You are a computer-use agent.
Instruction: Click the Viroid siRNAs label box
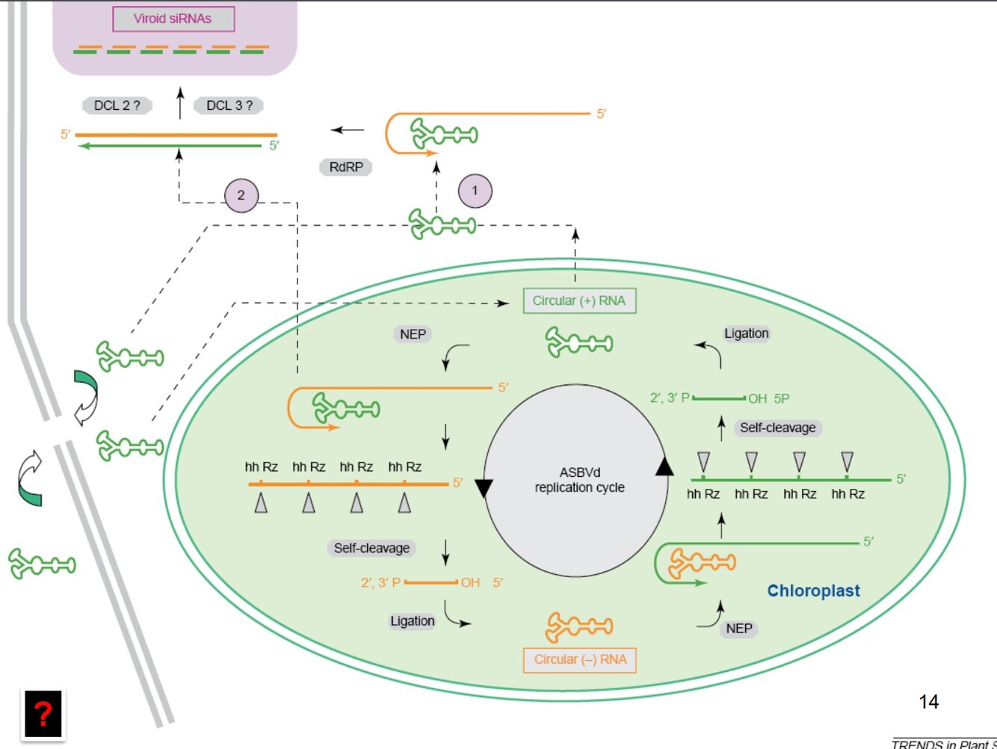coord(173,19)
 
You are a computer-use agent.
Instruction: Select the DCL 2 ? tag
coord(117,105)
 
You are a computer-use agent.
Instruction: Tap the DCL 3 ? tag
coord(229,105)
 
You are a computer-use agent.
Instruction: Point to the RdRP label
coord(345,167)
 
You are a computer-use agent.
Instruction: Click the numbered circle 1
coord(475,191)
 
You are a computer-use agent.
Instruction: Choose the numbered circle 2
coord(241,195)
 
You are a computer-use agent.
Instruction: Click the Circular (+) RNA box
coord(579,300)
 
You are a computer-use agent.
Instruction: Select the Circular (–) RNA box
coord(580,659)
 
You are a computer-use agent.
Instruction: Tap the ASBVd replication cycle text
coord(579,480)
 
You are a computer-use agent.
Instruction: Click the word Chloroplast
coord(813,591)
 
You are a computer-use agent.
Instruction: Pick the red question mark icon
coord(43,715)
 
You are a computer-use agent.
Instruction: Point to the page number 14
coord(928,701)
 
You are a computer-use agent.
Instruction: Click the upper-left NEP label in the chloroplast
coord(413,334)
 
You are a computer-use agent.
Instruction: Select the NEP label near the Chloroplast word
coord(738,629)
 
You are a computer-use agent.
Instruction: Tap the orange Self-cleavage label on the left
coord(371,548)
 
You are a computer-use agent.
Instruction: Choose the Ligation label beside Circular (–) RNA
coord(412,621)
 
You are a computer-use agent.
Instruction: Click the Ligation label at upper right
coord(746,333)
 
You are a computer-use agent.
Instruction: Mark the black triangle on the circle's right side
coord(664,467)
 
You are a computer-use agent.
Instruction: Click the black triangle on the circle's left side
coord(484,488)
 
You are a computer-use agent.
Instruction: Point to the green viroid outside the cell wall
coord(42,564)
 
